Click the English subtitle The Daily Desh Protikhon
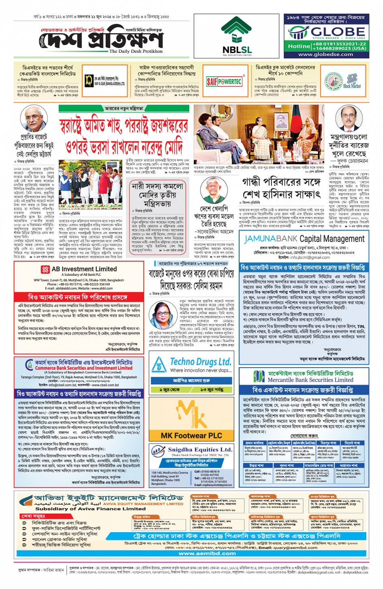136,52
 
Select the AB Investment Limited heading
84,269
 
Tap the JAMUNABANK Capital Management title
304,239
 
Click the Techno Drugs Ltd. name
200,361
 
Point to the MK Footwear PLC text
191,435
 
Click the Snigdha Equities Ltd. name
200,449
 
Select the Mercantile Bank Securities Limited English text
310,380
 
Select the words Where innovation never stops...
201,370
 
